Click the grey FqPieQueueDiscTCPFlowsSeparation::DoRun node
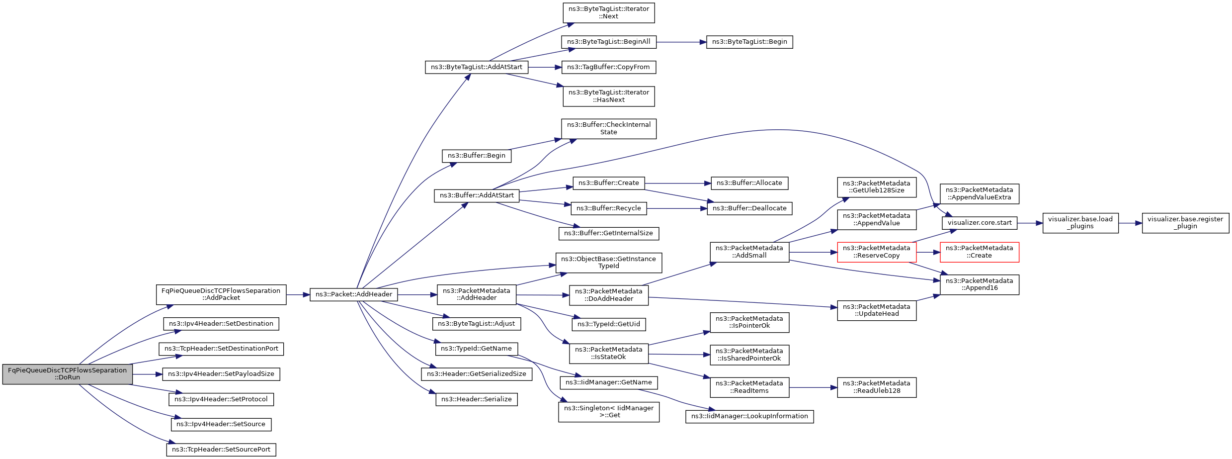tap(67, 374)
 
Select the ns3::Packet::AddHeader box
tap(354, 294)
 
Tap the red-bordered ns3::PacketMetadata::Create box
tap(979, 252)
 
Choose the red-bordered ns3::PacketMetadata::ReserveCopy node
tap(877, 252)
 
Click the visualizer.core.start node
tap(980, 223)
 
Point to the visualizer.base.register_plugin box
tap(1185, 223)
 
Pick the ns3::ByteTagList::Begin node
tap(749, 42)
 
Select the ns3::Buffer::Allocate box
tap(749, 183)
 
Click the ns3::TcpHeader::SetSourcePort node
tap(221, 450)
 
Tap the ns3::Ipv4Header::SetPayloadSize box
tap(221, 374)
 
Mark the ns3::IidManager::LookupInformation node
tap(749, 416)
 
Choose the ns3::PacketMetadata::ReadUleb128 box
tap(877, 387)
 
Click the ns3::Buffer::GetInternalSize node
tap(609, 233)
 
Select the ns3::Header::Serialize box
tap(477, 399)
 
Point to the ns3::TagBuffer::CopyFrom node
tap(609, 67)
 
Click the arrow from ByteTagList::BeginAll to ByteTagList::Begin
tap(681, 42)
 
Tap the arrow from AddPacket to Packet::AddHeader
tap(298, 295)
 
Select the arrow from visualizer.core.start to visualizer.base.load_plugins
tap(1030, 223)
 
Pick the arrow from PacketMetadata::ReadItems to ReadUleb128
tap(813, 387)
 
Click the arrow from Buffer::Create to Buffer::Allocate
tap(678, 184)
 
